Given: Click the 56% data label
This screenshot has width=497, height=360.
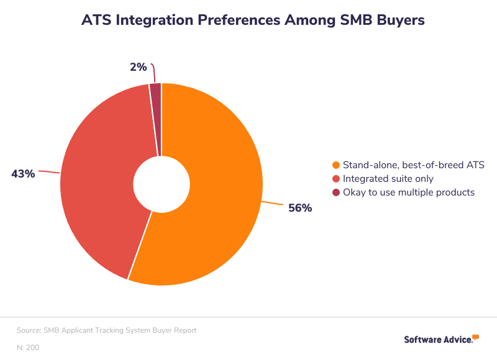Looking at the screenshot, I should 300,209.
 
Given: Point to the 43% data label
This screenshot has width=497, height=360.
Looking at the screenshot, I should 23,174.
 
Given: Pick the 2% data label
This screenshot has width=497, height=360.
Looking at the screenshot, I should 138,67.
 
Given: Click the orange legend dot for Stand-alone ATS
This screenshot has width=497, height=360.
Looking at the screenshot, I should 336,165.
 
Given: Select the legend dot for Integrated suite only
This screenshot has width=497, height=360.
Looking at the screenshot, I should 336,179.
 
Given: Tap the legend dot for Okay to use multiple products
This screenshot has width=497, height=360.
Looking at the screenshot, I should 336,192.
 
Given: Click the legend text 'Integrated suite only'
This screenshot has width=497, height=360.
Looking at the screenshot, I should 389,179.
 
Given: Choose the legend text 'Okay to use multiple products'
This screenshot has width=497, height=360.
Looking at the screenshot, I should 409,192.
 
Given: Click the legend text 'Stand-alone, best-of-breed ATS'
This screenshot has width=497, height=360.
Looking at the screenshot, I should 414,165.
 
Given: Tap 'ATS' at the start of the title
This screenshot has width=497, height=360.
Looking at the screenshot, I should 97,20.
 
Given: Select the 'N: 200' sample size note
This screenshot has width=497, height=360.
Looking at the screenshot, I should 28,348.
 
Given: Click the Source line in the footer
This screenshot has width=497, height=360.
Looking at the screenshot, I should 107,330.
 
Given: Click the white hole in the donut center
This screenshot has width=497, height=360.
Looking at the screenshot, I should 162,184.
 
